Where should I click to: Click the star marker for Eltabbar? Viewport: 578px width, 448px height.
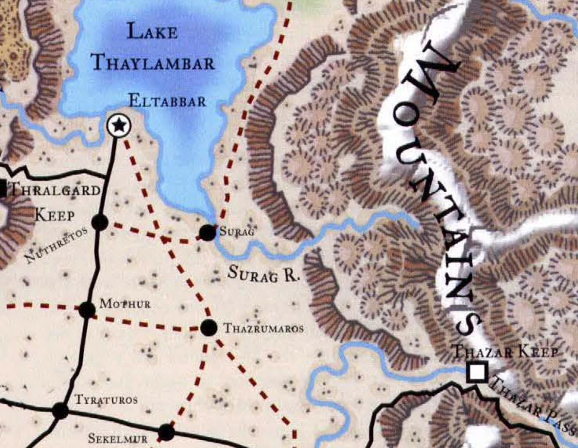point(118,126)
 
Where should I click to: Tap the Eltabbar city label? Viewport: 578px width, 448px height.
point(167,102)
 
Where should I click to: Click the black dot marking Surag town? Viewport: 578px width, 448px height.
point(207,232)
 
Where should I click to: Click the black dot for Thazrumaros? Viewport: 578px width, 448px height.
point(208,328)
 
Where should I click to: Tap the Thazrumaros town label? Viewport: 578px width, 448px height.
point(263,329)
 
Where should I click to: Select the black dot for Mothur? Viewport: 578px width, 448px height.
point(87,310)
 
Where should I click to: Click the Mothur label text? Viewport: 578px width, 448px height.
point(125,304)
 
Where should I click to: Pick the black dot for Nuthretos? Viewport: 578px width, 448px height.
point(99,222)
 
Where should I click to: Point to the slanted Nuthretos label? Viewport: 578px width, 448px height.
point(56,245)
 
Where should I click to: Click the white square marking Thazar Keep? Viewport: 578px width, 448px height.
point(477,371)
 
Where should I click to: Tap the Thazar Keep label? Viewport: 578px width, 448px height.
point(506,352)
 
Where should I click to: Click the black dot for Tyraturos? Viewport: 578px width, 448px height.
point(60,410)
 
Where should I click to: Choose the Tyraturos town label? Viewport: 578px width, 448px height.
point(106,400)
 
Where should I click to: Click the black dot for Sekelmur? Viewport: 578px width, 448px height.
point(166,432)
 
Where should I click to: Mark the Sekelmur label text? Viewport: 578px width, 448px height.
point(118,438)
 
